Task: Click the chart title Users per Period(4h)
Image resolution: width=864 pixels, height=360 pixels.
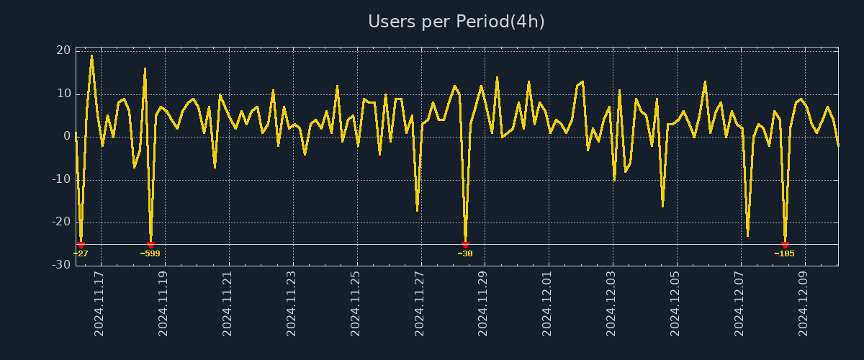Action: point(456,22)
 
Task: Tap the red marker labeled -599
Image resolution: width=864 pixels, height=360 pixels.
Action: point(150,245)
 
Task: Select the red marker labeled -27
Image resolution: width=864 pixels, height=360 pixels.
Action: point(81,245)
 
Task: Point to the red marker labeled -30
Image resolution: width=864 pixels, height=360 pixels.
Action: point(465,245)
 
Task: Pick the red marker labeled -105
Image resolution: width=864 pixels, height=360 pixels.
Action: point(785,245)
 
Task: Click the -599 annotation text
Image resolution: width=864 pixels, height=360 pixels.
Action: point(150,253)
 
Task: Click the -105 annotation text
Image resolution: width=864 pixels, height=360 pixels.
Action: point(784,253)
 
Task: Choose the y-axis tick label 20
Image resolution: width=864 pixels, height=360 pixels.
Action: point(63,50)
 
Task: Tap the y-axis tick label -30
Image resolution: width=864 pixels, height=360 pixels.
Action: point(61,265)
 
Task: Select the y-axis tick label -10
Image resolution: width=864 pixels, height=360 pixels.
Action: point(61,179)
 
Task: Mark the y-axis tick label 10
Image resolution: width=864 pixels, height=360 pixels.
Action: point(63,94)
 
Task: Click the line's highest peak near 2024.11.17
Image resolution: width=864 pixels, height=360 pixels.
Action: point(91,55)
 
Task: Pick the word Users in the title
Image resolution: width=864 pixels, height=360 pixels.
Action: point(391,22)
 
